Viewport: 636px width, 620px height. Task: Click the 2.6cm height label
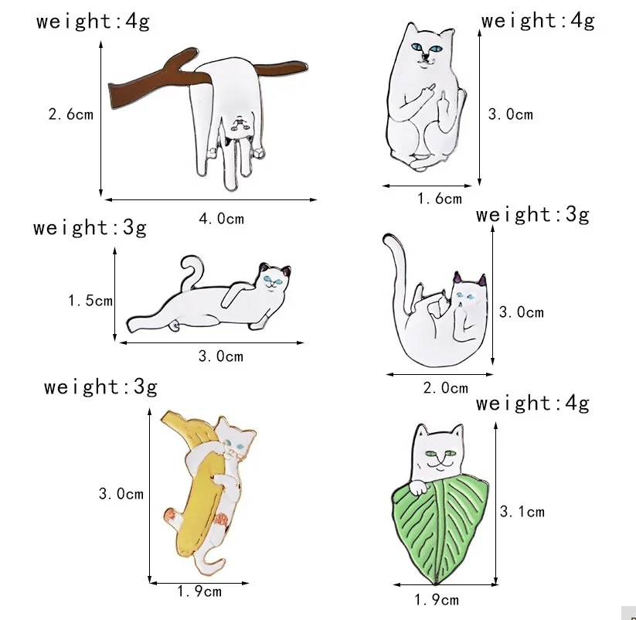pyautogui.click(x=70, y=114)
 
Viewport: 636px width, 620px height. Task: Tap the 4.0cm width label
pyautogui.click(x=221, y=219)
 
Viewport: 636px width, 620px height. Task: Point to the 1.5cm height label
pyautogui.click(x=90, y=300)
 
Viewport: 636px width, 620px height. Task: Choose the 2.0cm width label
pyautogui.click(x=445, y=388)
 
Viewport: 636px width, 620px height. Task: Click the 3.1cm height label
pyautogui.click(x=522, y=511)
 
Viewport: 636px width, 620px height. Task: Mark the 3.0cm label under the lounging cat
pyautogui.click(x=220, y=356)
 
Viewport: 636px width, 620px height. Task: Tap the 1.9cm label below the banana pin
pyautogui.click(x=199, y=591)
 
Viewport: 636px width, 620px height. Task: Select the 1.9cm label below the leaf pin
pyautogui.click(x=437, y=599)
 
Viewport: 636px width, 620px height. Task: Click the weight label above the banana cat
pyautogui.click(x=100, y=387)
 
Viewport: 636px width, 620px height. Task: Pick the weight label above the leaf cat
pyautogui.click(x=532, y=403)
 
